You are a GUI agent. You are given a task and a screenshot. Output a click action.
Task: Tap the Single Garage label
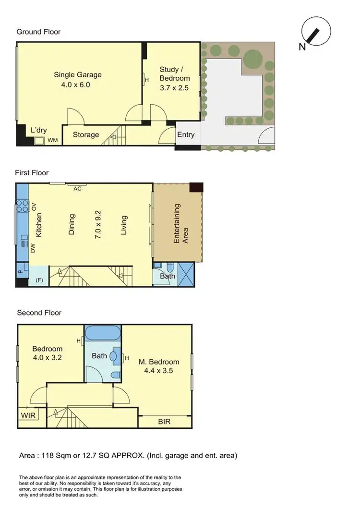[77, 75]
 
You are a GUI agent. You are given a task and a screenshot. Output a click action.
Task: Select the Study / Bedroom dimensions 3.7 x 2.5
[174, 88]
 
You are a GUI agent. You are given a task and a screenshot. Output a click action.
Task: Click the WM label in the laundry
[53, 140]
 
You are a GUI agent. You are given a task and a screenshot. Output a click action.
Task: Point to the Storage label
[86, 135]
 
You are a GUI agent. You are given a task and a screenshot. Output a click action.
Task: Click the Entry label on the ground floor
[186, 134]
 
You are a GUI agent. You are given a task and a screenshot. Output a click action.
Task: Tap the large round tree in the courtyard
[253, 60]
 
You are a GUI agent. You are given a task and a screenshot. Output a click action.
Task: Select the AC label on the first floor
[77, 189]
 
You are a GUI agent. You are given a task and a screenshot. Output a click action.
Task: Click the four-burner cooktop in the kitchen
[22, 206]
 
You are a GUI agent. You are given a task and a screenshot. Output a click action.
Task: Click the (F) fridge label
[38, 279]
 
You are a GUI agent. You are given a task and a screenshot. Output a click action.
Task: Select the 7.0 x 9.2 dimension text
[98, 224]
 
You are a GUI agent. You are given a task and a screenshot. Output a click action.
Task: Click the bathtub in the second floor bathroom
[103, 333]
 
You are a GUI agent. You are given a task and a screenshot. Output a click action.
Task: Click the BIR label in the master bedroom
[164, 422]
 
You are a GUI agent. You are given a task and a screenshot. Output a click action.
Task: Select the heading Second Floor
[39, 313]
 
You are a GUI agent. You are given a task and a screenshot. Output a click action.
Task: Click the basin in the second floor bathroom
[113, 357]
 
